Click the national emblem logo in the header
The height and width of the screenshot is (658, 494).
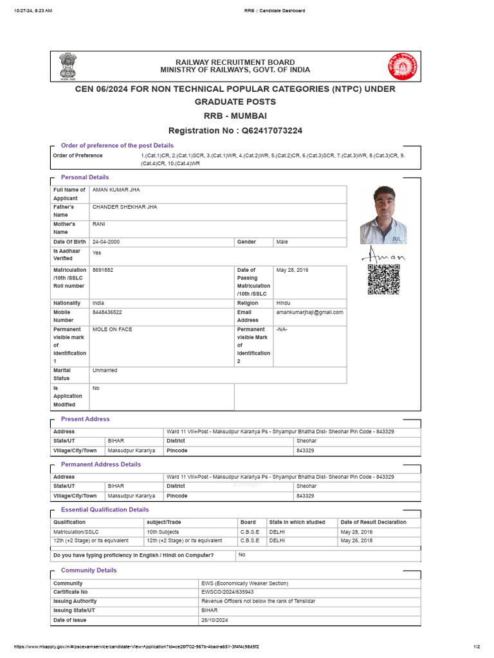coord(68,67)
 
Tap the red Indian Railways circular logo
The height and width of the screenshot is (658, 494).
coord(402,67)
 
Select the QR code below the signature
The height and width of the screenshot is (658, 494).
coord(383,280)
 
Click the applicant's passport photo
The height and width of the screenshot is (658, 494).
coord(383,215)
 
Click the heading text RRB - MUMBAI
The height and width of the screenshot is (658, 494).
coord(235,116)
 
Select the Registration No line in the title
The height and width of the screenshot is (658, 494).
coord(235,130)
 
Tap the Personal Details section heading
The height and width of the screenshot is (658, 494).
coord(85,177)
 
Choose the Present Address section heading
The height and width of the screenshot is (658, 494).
coord(85,419)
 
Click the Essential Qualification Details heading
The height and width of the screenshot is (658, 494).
coord(104,510)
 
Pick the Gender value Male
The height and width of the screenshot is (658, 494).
coord(282,242)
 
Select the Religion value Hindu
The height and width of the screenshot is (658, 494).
coord(283,303)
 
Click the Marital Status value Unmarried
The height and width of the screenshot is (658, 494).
coord(105,371)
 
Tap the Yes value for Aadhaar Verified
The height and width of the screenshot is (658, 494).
coord(96,253)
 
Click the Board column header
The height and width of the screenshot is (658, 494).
coord(248,522)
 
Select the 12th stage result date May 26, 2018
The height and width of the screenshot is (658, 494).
coord(356,541)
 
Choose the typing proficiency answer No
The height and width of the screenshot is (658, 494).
coord(242,555)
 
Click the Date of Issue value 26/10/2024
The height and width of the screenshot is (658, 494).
coord(215,621)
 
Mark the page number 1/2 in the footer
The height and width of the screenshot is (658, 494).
coord(477,646)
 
